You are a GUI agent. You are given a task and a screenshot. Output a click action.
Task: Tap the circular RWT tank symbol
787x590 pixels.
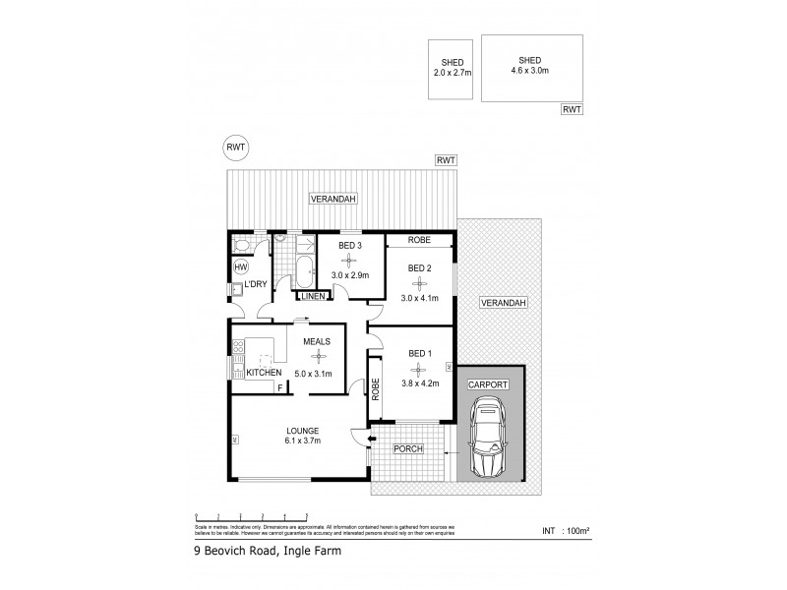[x=236, y=147]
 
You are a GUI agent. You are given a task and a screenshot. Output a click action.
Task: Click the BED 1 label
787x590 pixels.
[x=418, y=354]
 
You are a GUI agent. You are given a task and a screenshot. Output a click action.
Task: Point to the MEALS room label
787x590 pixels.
[x=316, y=342]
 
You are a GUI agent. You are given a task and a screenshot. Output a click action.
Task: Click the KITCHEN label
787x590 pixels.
[x=264, y=373]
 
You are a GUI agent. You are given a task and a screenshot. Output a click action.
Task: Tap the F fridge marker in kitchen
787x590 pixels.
[x=280, y=387]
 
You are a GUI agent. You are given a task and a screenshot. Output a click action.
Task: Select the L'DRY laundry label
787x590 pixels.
[x=257, y=284]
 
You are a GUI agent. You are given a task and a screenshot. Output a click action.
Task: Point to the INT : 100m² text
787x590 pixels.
[x=567, y=531]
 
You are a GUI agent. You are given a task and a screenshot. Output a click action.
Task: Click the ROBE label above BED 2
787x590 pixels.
[x=418, y=240]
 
